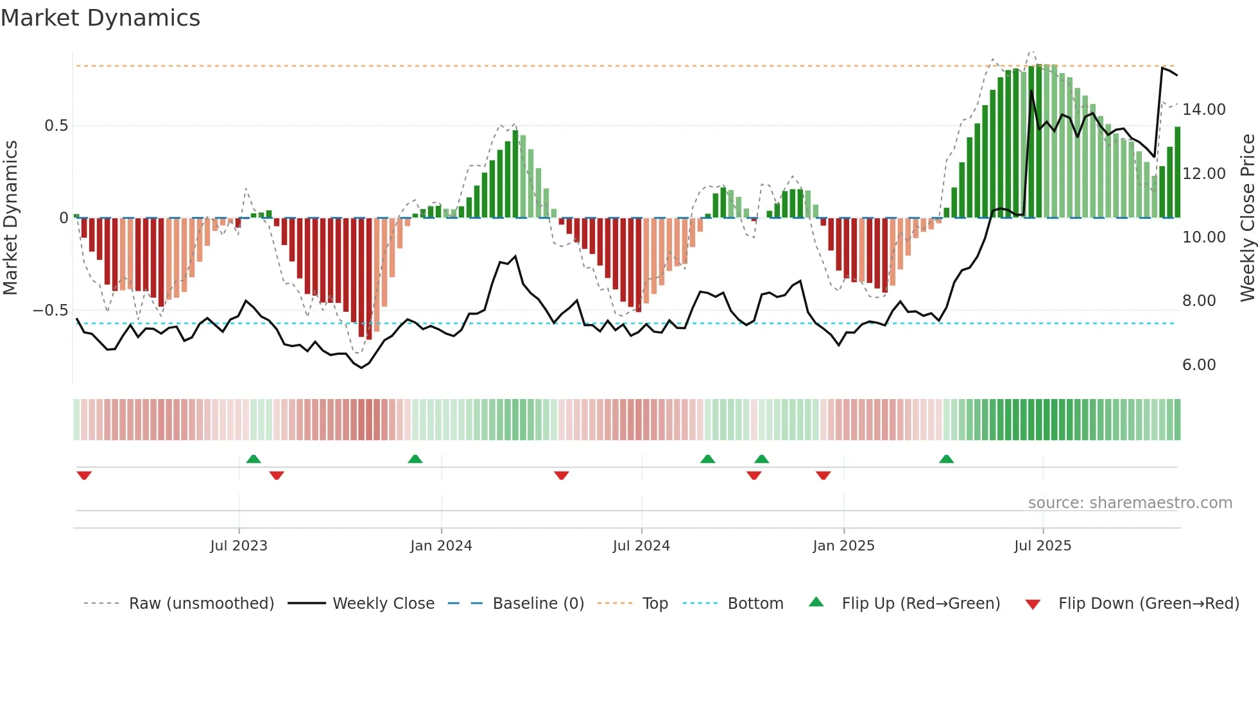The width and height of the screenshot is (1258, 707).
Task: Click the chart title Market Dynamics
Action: coord(100,18)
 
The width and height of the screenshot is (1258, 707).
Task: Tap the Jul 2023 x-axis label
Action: coord(239,545)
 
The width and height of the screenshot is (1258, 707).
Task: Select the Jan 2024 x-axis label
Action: coord(441,545)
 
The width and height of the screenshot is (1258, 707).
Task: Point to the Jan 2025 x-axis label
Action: coord(843,545)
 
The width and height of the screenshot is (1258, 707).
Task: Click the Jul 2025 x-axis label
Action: coord(1042,545)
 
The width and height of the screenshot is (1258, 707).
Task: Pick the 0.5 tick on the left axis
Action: coord(56,126)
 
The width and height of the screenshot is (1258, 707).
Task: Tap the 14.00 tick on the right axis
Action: coord(1203,110)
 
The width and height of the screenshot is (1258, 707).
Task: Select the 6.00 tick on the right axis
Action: coord(1199,365)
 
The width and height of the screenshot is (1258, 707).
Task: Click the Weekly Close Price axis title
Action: coord(1247,218)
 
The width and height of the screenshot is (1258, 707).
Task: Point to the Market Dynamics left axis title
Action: coord(10,218)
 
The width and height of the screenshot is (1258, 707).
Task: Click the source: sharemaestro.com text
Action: coord(1130,503)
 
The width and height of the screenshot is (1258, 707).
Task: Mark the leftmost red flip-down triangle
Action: coord(84,475)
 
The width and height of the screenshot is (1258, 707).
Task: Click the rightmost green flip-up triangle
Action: coord(946,459)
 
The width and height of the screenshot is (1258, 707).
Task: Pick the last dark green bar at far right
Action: coord(1177,173)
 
